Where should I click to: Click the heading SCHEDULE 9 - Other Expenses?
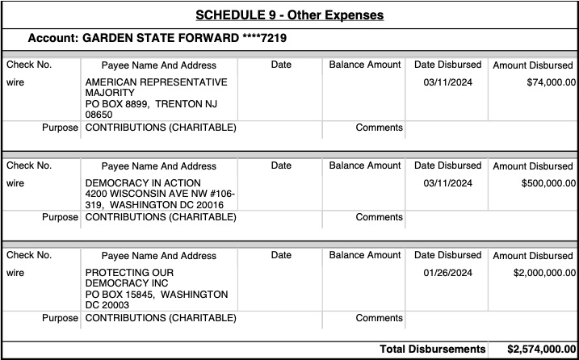coord(289,15)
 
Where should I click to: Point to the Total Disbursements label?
coord(431,350)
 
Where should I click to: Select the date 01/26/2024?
coord(447,273)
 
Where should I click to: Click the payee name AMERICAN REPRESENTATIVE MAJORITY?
coord(156,87)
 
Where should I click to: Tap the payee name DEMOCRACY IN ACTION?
coord(143,183)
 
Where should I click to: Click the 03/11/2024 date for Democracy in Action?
coord(447,183)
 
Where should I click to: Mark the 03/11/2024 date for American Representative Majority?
coord(447,82)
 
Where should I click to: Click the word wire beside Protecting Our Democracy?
coord(15,273)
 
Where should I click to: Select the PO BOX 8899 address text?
coord(121,104)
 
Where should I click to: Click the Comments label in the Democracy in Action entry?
coord(379,217)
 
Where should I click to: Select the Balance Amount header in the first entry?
coord(364,65)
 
